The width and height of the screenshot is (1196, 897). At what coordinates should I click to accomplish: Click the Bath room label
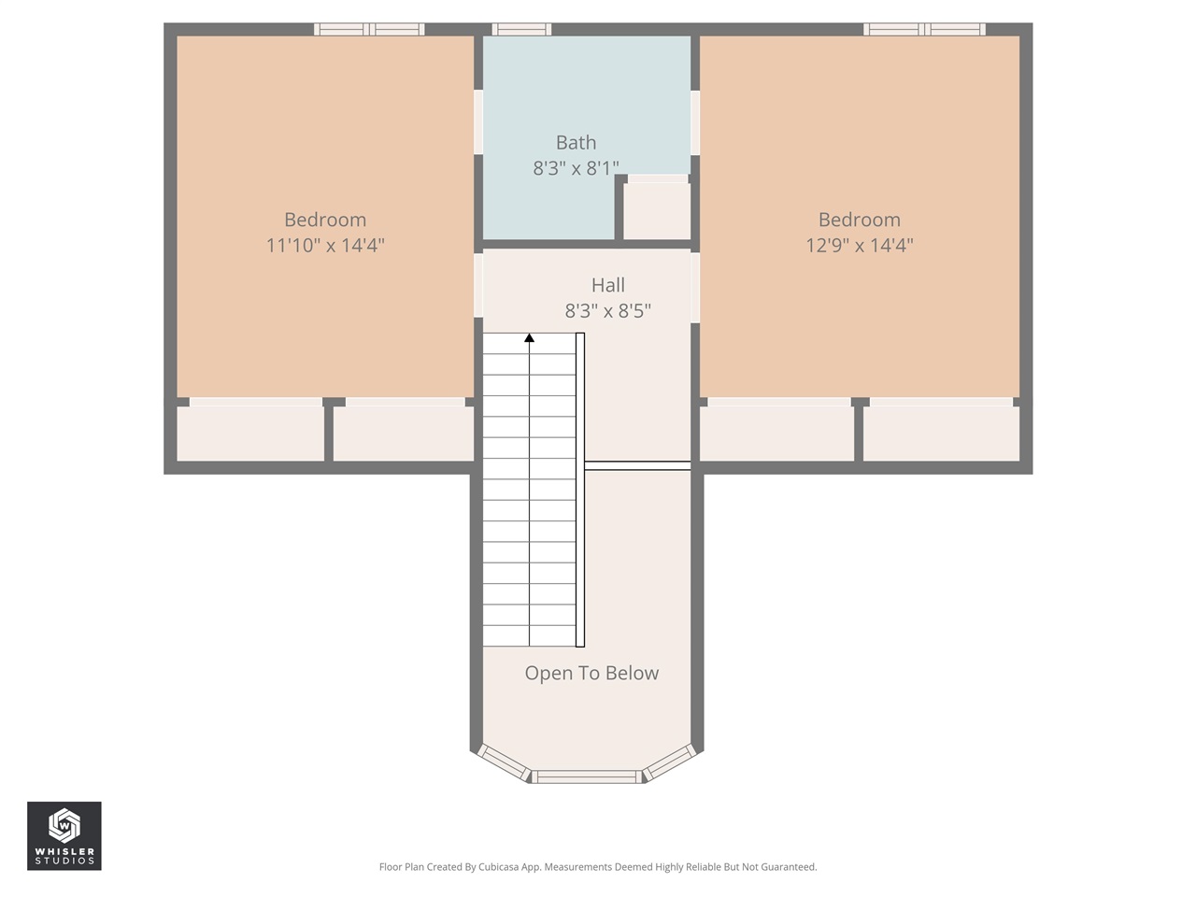[x=576, y=143]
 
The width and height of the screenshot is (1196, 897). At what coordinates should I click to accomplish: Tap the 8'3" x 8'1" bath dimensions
[x=576, y=168]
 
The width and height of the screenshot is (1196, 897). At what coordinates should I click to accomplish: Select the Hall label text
[x=607, y=285]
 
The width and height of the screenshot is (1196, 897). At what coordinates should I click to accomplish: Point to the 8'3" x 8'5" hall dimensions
[x=607, y=310]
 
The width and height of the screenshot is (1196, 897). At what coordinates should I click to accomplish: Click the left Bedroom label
[x=325, y=220]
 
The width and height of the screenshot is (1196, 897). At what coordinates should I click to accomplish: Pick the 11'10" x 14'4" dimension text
[x=325, y=245]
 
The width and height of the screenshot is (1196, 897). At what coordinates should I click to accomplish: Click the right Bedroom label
[x=859, y=220]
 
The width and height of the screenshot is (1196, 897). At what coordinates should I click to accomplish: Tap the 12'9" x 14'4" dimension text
[x=859, y=245]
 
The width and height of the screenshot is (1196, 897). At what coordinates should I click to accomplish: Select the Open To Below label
[x=591, y=673]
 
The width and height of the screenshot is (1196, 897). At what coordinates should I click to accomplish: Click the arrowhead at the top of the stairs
[x=530, y=337]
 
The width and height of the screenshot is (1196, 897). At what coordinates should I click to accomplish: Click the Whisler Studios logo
[x=64, y=835]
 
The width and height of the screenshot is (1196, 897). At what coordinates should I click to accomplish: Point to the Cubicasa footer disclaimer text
[x=598, y=867]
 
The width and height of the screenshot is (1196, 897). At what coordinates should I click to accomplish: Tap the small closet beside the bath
[x=657, y=210]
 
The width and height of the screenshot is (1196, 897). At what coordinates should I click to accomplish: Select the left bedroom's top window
[x=369, y=30]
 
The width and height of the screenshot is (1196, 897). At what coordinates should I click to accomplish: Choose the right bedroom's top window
[x=924, y=30]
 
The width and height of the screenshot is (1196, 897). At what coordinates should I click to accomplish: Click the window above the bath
[x=521, y=30]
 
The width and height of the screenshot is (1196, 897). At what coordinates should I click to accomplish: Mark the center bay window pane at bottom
[x=587, y=776]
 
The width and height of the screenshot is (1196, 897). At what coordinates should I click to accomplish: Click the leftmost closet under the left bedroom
[x=250, y=434]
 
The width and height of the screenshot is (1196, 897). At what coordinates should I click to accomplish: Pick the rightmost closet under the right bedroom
[x=941, y=434]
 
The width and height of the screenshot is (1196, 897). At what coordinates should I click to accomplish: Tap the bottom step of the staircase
[x=529, y=635]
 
